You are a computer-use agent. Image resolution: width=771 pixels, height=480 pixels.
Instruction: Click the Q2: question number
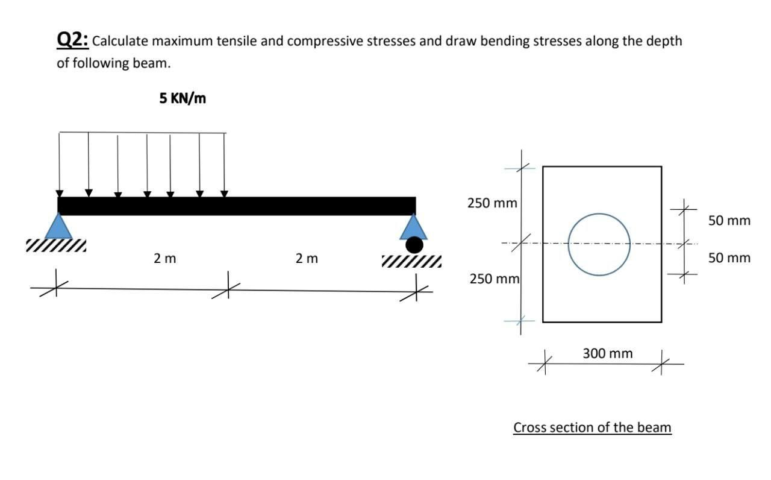[x=73, y=40]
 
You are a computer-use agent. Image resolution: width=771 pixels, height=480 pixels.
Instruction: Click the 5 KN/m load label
[x=183, y=98]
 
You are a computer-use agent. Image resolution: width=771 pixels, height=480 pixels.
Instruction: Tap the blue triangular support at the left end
[x=58, y=227]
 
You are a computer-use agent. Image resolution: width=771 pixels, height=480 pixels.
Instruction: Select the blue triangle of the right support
[x=414, y=227]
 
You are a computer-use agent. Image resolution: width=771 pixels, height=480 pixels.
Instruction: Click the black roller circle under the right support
[x=414, y=244]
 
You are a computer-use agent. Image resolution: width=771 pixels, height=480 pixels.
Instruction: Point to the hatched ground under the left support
[x=56, y=245]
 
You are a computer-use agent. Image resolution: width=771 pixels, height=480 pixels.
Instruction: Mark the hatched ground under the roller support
[x=411, y=261]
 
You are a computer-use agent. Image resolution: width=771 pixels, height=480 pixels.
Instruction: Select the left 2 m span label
[x=164, y=259]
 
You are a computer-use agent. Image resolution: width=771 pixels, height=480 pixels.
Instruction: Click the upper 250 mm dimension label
[x=492, y=203]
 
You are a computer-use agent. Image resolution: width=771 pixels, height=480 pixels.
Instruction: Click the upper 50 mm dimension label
[x=729, y=221]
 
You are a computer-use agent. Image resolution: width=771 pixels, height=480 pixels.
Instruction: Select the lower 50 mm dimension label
[x=729, y=258]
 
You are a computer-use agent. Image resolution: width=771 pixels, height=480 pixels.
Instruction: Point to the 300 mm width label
[x=608, y=353]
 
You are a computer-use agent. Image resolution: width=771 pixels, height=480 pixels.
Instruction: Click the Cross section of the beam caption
[x=592, y=428]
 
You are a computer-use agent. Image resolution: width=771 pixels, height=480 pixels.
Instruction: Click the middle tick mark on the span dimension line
[x=228, y=281]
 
